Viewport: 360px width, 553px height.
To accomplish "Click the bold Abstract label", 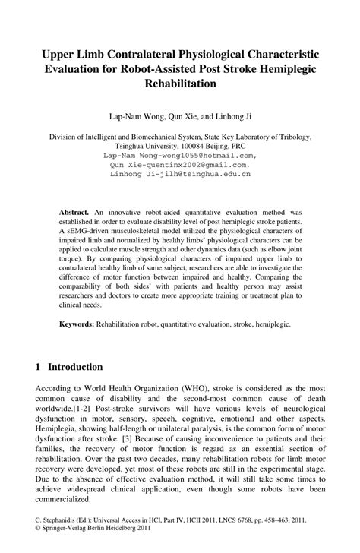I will click(x=74, y=206).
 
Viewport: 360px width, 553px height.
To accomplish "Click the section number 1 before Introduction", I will click(x=38, y=365).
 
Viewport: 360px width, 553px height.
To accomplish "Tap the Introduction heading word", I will click(x=83, y=365).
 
